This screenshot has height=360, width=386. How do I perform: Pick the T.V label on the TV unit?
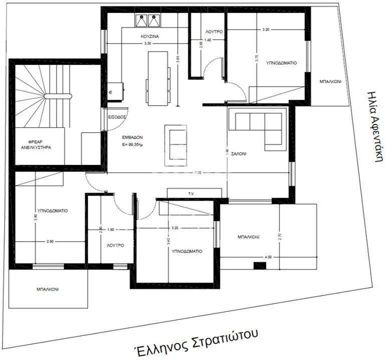coord(191,193)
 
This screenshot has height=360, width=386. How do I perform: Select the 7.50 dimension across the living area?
coord(198,172)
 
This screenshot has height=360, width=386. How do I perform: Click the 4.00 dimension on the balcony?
coord(268,257)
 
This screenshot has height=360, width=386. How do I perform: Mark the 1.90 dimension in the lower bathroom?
coord(111,229)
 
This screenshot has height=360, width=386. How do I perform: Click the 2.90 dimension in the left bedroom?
coord(50,241)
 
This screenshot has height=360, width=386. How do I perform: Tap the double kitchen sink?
coord(148,20)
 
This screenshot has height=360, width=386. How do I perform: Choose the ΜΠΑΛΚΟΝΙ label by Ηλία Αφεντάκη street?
coord(330,82)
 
